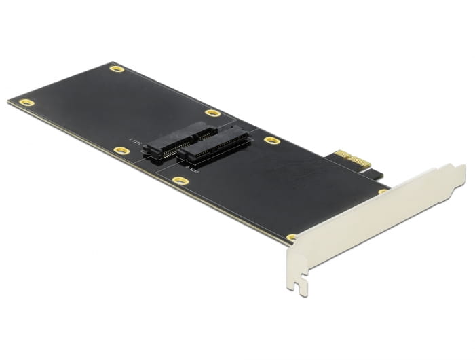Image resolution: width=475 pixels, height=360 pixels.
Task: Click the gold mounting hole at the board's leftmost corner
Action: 26,102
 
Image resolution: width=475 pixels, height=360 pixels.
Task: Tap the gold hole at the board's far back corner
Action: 117,69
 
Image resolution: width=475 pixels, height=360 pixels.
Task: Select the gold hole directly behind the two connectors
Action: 212,113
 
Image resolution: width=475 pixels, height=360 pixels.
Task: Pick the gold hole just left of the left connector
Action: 121,150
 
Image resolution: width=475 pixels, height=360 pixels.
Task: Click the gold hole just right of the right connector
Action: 272,141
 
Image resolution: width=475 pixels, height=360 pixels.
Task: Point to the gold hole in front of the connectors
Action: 180,180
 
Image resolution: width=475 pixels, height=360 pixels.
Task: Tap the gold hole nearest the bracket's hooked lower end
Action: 292,237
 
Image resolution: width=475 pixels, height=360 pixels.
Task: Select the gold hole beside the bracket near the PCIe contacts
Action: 382,192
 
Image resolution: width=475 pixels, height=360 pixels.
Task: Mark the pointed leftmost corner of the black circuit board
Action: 9,102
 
